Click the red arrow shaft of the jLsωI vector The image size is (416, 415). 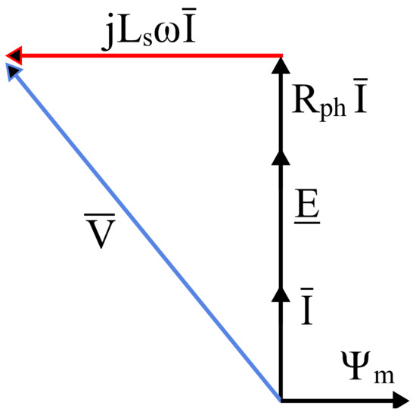pos(151,55)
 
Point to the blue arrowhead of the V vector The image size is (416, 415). pos(13,70)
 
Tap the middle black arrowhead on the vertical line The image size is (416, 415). pos(281,157)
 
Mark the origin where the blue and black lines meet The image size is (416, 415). pos(281,399)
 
